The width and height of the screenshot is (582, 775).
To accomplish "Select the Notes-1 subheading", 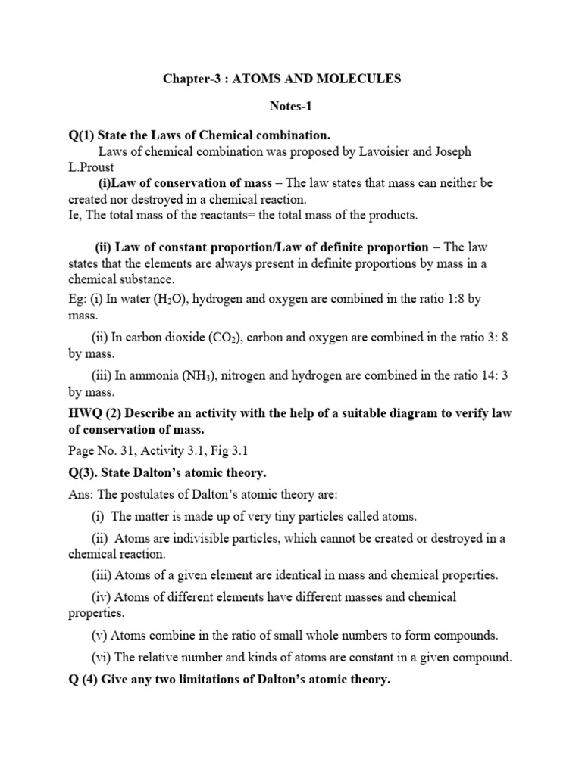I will coord(290,107).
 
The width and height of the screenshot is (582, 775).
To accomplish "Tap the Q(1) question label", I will coord(83,135).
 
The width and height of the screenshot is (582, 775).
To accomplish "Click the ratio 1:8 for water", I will coord(451,299).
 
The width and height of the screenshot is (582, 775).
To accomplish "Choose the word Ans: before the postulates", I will coord(81,494).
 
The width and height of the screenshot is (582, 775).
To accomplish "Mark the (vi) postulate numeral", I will coord(102,656).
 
